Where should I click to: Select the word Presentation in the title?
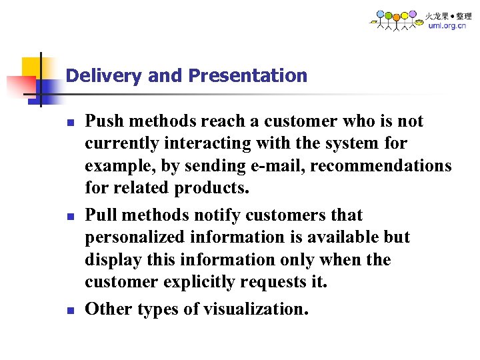(x=248, y=76)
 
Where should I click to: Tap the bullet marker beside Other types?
(x=69, y=310)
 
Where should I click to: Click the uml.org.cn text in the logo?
(x=447, y=26)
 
